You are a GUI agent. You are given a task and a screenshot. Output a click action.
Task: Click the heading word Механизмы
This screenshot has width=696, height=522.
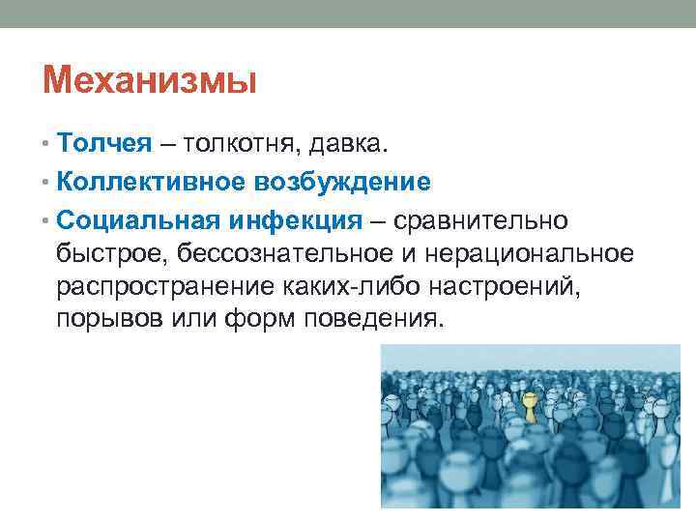150,80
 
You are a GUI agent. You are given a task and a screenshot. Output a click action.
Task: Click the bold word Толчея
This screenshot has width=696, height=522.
104,144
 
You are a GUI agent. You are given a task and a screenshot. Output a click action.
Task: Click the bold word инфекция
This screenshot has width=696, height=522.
294,221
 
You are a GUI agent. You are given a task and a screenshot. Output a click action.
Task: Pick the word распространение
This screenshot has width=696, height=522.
163,286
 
